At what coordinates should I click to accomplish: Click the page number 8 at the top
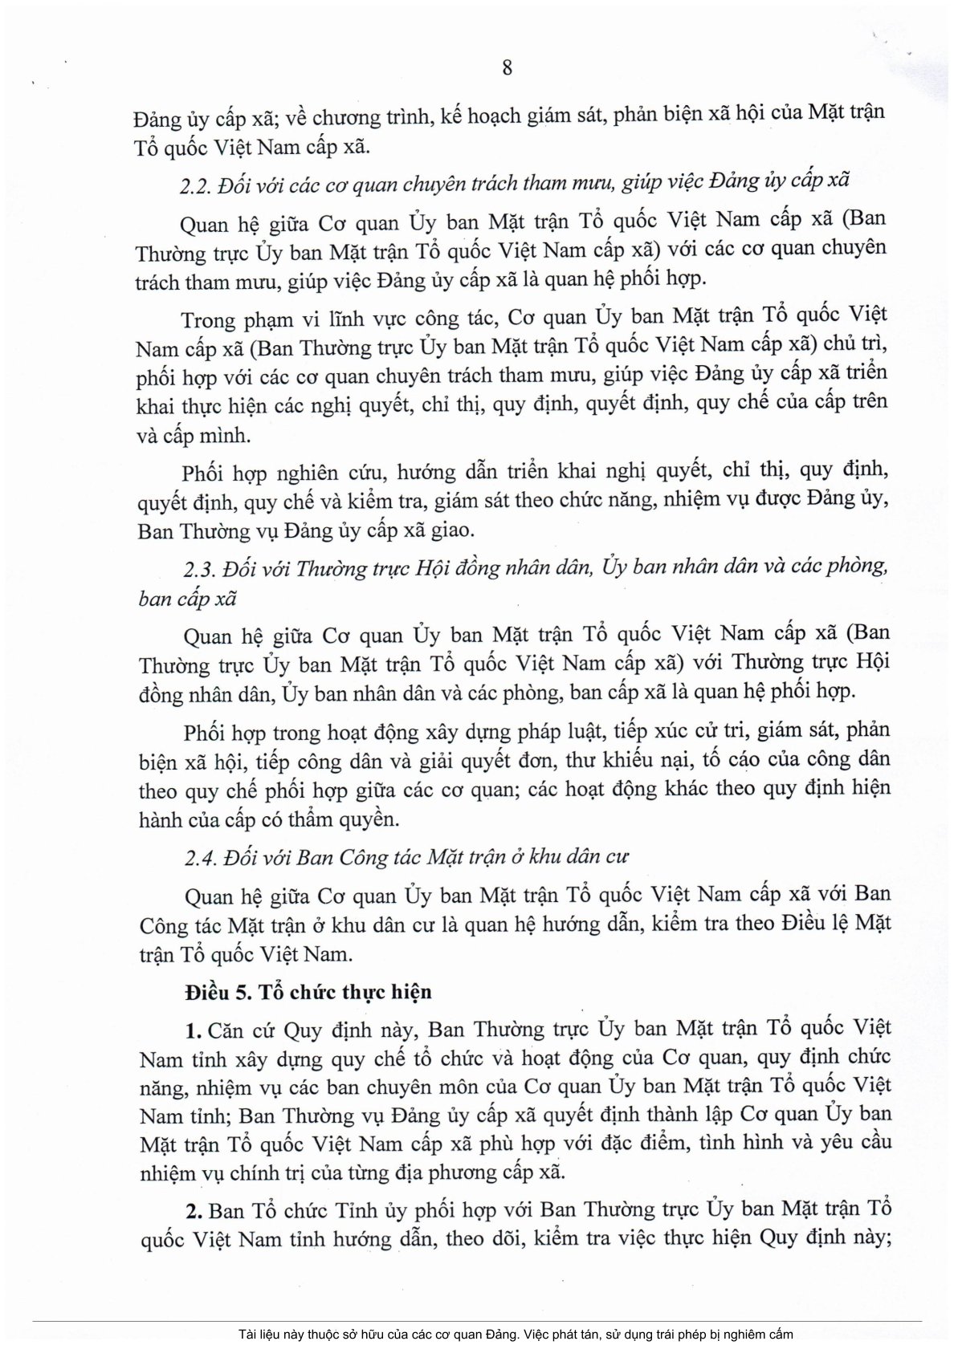click(x=507, y=67)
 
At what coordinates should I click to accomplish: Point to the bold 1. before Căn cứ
click(x=193, y=1029)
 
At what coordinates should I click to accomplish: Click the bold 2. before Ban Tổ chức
click(x=194, y=1209)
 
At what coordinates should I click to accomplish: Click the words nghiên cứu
click(x=320, y=472)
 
